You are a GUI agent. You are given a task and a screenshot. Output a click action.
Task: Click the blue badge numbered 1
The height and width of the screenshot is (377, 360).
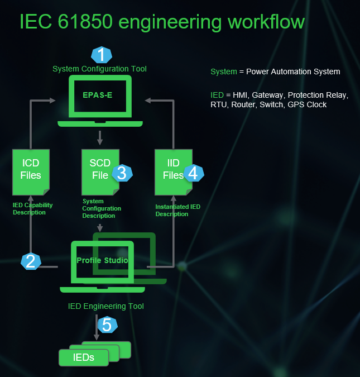pos(102,55)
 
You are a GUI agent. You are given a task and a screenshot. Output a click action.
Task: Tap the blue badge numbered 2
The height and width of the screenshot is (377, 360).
pos(31,261)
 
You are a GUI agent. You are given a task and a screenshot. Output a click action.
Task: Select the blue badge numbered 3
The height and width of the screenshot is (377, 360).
pos(122,173)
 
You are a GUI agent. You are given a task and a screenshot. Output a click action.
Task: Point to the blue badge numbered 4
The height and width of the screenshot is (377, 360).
pos(193,173)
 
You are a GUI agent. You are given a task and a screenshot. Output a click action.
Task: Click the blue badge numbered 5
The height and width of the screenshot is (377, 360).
pos(108,324)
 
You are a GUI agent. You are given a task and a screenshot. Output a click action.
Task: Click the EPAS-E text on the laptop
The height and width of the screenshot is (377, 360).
pos(98,95)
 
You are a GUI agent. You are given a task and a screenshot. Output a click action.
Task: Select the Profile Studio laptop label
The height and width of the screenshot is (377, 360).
pos(102,261)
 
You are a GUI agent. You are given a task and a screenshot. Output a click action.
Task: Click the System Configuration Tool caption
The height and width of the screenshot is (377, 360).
pos(99,69)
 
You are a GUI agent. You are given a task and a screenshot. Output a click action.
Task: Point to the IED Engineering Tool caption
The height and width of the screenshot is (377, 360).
pos(105,306)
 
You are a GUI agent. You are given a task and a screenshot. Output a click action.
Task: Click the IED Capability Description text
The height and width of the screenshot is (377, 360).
pos(32,209)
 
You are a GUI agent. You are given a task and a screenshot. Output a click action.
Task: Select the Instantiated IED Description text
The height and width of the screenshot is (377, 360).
pos(177,210)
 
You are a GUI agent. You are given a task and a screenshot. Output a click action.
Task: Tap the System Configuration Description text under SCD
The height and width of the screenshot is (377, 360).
pos(102,208)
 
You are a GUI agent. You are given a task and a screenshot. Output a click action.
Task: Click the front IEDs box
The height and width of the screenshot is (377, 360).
pos(83,357)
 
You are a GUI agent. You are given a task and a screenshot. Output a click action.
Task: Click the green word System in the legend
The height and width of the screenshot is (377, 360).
pos(223,71)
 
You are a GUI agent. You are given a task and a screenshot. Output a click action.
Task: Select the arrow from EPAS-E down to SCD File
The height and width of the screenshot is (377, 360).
pos(100,137)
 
